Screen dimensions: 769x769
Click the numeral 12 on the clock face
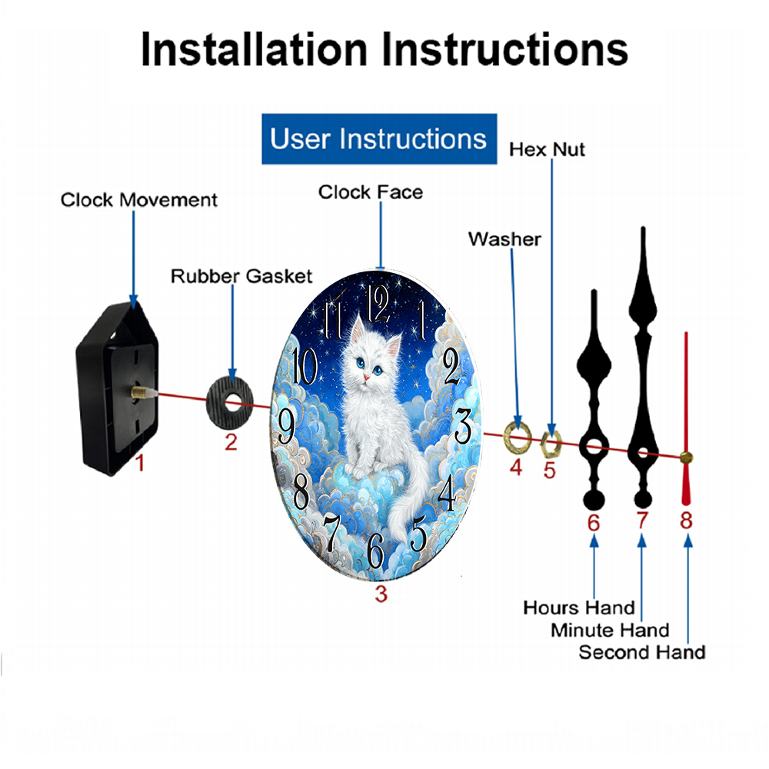click(378, 303)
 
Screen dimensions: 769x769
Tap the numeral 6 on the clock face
click(375, 551)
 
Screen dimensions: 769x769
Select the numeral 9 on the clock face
click(286, 426)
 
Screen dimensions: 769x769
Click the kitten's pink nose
click(366, 377)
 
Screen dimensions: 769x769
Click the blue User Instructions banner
click(379, 138)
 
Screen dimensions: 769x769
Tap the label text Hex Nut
click(547, 149)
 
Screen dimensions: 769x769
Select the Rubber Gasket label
click(241, 276)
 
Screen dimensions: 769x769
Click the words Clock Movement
click(138, 200)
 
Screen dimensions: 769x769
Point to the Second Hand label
click(642, 652)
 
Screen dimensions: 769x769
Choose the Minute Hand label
click(610, 630)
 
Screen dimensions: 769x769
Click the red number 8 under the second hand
click(686, 521)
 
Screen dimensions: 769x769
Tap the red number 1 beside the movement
click(140, 462)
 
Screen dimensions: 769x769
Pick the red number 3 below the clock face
click(381, 594)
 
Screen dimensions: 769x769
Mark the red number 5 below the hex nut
click(549, 471)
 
